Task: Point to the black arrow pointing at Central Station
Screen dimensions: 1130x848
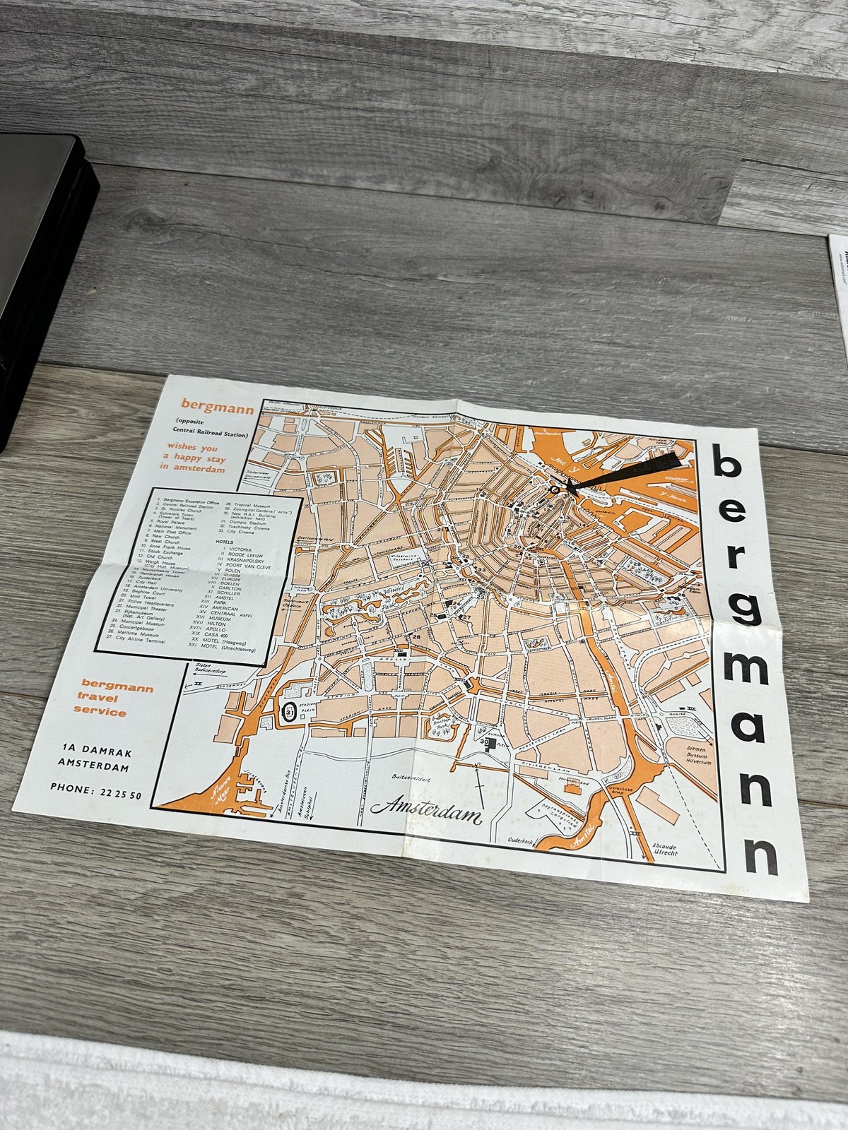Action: pyautogui.click(x=622, y=474)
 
